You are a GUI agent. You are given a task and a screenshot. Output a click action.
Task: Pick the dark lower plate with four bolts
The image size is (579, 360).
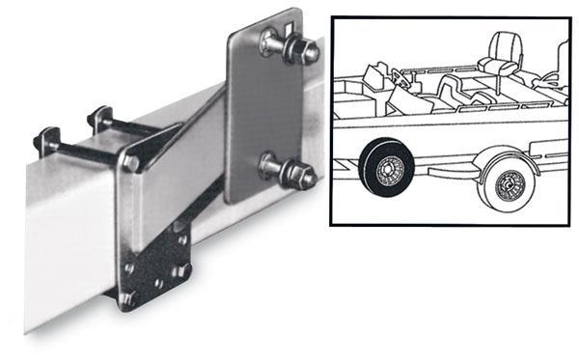pos(159,264)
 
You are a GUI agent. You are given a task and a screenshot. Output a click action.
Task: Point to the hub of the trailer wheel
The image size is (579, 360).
pos(508,185)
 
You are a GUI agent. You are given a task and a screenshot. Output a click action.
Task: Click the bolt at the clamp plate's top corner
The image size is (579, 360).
pos(131,164)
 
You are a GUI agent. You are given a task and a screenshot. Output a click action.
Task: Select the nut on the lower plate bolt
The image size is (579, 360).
pos(305,176)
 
